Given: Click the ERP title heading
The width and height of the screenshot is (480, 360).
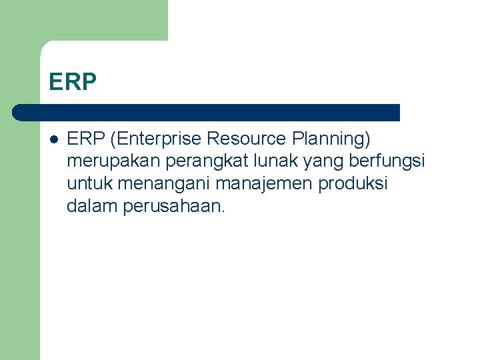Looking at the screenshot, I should (73, 82).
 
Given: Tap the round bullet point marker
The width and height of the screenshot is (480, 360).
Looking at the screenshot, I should (53, 140).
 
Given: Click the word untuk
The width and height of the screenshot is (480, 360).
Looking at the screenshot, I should (89, 183).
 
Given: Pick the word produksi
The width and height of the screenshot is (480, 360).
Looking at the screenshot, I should (353, 183).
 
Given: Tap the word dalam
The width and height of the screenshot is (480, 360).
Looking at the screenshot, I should (92, 206).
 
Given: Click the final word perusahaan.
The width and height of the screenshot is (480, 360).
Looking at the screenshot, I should (175, 206).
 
